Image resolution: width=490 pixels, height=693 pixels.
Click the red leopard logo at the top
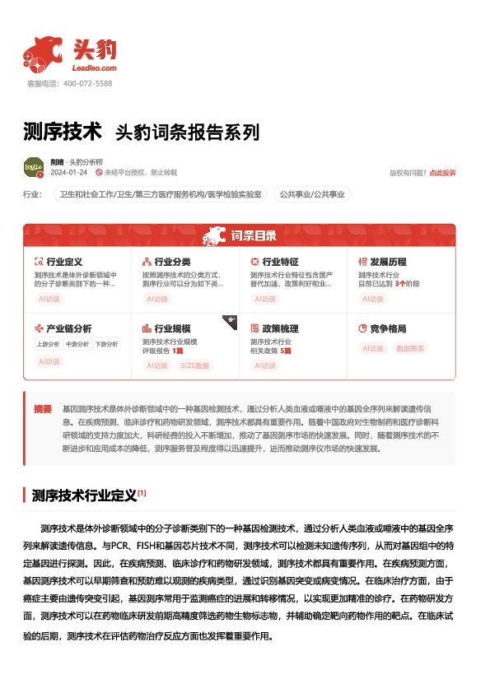tap(43, 53)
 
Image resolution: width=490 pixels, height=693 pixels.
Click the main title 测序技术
tap(63, 131)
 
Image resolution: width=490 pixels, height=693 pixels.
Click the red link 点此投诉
tap(442, 173)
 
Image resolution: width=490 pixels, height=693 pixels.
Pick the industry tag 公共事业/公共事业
tap(312, 194)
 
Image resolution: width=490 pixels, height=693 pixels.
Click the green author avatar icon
tap(34, 167)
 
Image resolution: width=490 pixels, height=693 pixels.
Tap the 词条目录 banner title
tap(252, 236)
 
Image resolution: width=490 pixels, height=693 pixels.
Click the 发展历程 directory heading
tap(388, 262)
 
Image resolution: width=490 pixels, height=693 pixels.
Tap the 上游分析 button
tap(48, 344)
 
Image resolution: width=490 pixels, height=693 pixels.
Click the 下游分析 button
tap(106, 344)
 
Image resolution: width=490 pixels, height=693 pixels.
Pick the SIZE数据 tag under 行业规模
tap(194, 365)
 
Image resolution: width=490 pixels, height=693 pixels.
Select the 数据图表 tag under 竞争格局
tap(412, 348)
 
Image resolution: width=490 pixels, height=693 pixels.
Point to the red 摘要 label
tap(43, 408)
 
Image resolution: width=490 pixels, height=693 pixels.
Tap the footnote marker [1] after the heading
tap(142, 493)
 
